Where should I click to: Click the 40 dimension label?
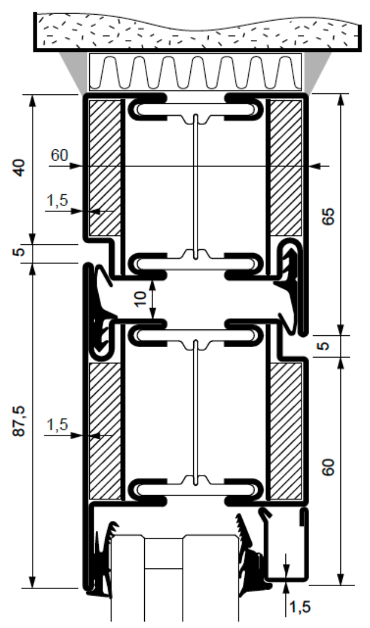20,168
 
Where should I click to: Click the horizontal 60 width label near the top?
59,156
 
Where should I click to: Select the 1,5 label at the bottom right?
298,606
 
